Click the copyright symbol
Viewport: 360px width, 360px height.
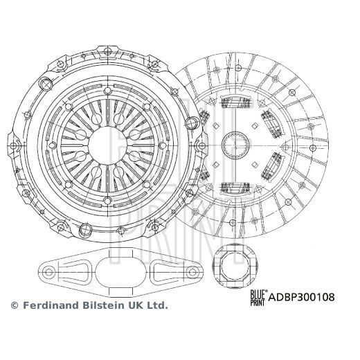(x=15, y=304)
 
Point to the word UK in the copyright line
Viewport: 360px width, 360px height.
(x=134, y=304)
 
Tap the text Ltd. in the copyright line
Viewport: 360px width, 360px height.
(x=157, y=304)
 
